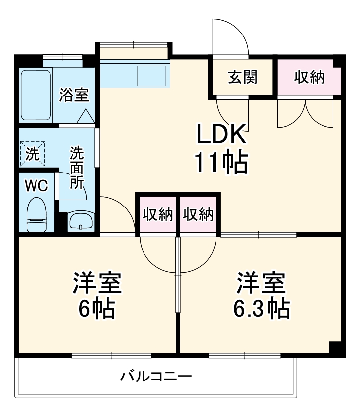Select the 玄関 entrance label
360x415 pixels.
242,77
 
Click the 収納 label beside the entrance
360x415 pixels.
309,77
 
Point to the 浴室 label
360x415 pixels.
74,95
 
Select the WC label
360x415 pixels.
36,186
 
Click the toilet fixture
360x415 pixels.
36,214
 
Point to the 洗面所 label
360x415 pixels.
76,168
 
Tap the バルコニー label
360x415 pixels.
156,378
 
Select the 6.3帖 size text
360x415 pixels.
261,309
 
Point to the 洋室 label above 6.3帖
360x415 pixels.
261,283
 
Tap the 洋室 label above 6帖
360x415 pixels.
97,283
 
